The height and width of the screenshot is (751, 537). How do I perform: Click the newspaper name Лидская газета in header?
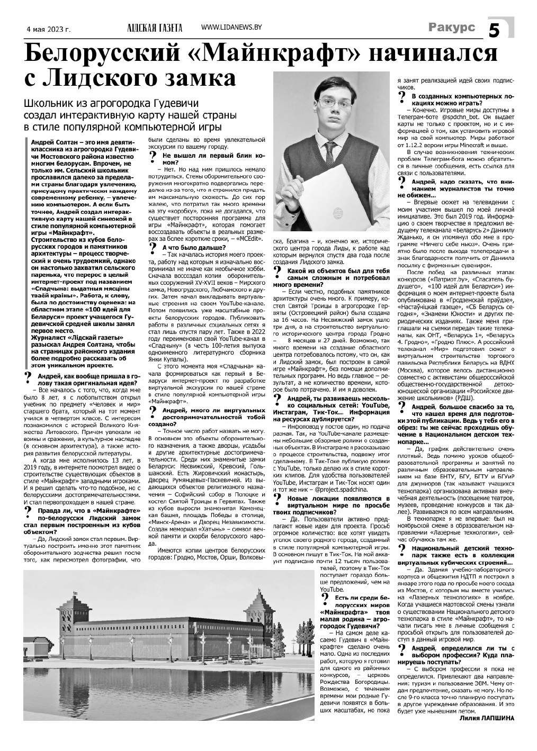(x=154, y=28)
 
